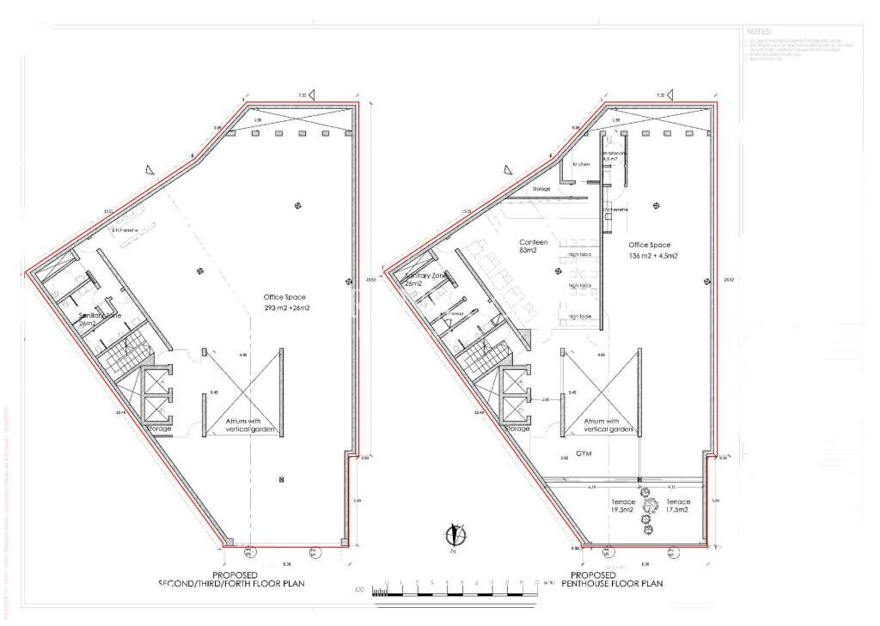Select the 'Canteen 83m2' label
(533, 246)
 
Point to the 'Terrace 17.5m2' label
(677, 505)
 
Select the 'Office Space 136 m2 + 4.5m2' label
(653, 251)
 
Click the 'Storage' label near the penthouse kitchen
(541, 188)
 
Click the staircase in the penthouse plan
(482, 354)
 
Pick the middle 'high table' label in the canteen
(580, 285)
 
